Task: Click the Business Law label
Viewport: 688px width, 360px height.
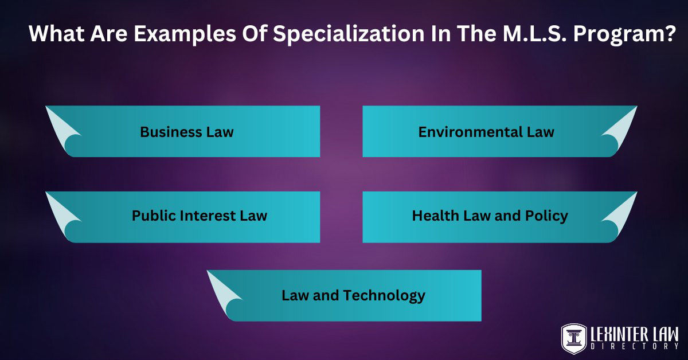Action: (x=187, y=132)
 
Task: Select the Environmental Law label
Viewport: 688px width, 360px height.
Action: (x=486, y=132)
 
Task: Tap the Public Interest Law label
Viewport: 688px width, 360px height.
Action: (x=200, y=216)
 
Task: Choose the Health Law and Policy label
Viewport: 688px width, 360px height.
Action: (x=490, y=216)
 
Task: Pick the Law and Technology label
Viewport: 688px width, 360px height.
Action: (x=353, y=295)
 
